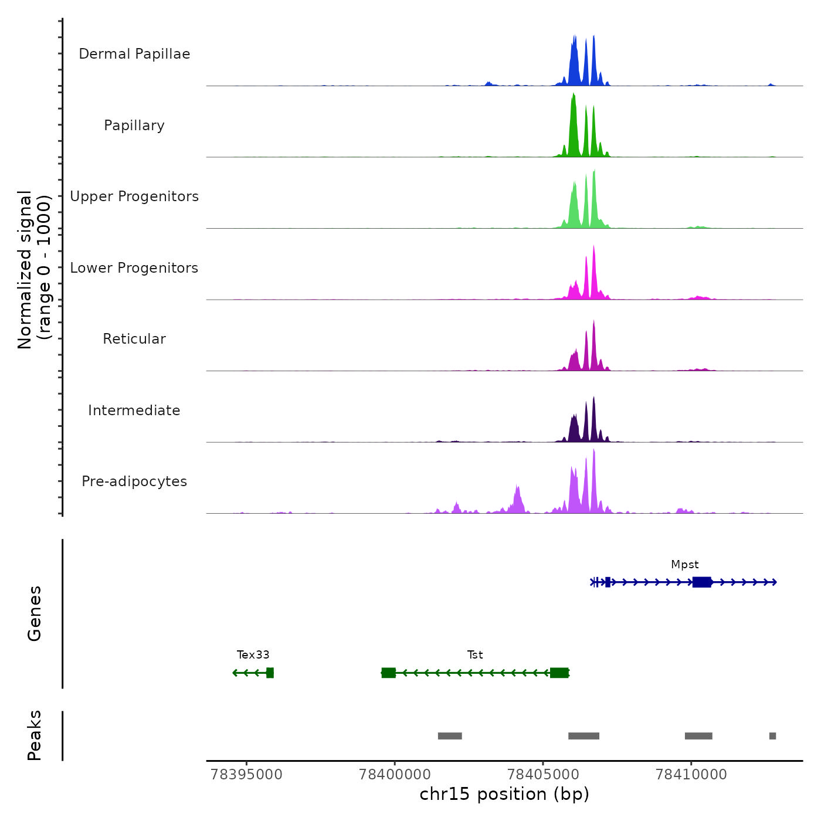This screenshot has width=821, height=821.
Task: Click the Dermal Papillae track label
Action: tap(134, 54)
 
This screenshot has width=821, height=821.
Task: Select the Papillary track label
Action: tap(134, 125)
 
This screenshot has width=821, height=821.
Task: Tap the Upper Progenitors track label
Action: tap(134, 196)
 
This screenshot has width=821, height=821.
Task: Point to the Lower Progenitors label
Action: tap(134, 268)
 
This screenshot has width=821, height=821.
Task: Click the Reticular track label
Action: tap(134, 339)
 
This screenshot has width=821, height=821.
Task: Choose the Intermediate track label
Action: tap(134, 410)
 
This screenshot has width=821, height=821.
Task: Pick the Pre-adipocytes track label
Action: tap(134, 481)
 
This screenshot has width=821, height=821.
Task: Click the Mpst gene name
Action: tap(684, 565)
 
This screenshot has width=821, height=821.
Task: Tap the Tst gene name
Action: tap(475, 655)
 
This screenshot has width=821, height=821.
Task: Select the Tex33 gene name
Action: tap(253, 655)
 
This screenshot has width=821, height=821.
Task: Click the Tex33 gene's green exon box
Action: tap(270, 673)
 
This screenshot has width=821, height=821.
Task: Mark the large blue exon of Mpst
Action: tap(701, 582)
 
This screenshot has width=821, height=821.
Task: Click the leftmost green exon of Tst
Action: tap(388, 673)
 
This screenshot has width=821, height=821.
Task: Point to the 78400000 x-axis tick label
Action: tap(395, 775)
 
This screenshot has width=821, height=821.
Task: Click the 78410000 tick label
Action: tap(691, 775)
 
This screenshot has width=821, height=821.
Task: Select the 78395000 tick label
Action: tap(246, 775)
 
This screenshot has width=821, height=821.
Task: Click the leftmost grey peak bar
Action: tap(450, 736)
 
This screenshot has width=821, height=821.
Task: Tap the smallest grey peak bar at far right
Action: tap(772, 736)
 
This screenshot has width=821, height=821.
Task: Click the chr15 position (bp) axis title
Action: tap(504, 795)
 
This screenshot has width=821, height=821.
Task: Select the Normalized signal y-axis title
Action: tap(34, 270)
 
